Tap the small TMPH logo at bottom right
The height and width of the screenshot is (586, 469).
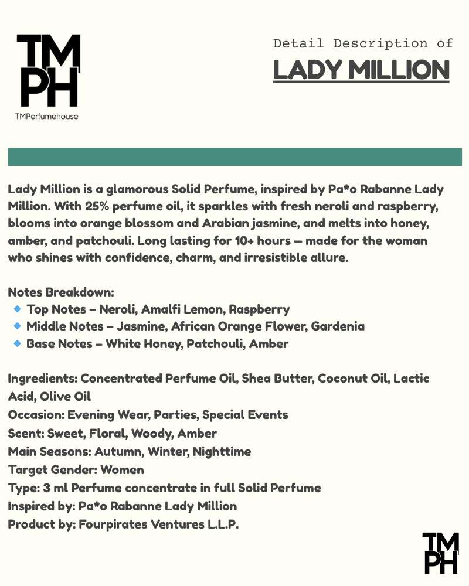[440, 553]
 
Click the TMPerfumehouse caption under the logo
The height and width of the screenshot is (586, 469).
[47, 116]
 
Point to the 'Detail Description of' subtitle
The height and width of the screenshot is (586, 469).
[363, 43]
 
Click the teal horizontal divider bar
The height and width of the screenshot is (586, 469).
[235, 157]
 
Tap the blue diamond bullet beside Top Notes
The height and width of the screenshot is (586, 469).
[17, 308]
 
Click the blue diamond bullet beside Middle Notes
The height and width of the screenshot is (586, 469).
[17, 325]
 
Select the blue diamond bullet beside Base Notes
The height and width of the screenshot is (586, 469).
[17, 343]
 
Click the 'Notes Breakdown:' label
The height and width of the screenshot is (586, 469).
[60, 291]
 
